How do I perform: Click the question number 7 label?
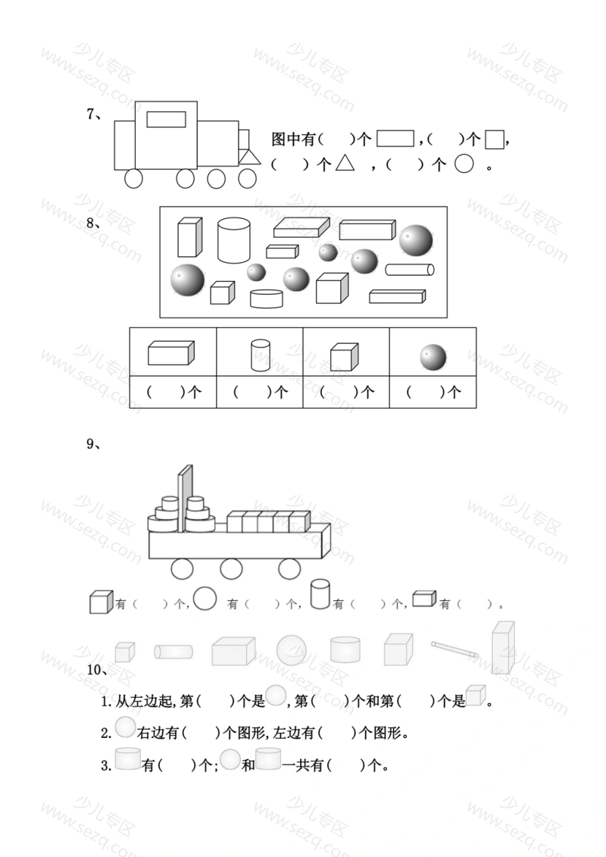click(94, 114)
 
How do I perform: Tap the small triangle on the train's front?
click(250, 158)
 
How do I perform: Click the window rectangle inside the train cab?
click(166, 119)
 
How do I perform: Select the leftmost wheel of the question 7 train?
click(133, 179)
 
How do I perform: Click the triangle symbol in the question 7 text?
click(345, 163)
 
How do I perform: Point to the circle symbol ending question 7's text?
click(464, 164)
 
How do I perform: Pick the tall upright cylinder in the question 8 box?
click(234, 240)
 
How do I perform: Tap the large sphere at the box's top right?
click(416, 240)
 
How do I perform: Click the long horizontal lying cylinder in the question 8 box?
click(410, 270)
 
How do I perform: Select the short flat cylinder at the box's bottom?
click(267, 299)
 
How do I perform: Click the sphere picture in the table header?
click(433, 358)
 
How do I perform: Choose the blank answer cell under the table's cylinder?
click(260, 392)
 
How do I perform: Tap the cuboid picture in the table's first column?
click(171, 353)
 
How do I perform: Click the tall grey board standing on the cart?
click(186, 498)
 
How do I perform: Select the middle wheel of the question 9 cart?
click(231, 569)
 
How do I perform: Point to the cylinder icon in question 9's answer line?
click(320, 594)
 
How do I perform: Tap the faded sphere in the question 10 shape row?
click(291, 650)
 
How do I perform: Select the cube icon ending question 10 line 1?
click(476, 695)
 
